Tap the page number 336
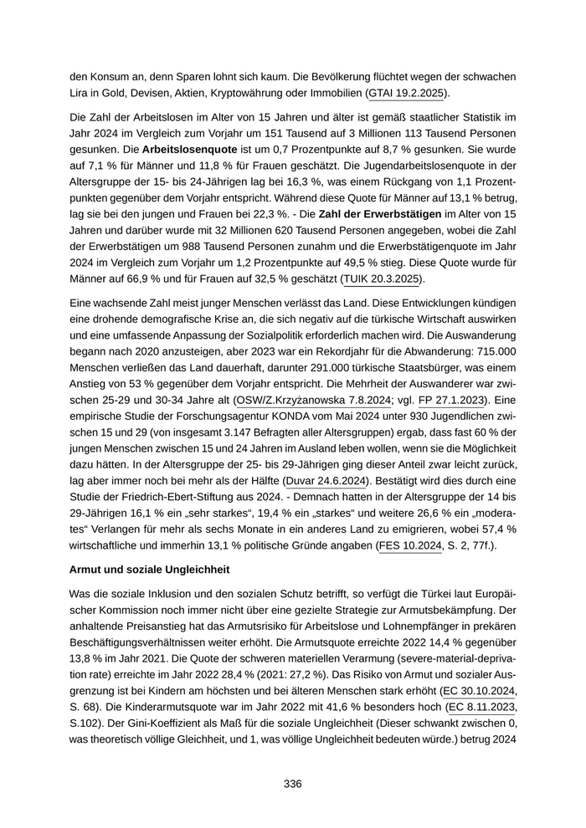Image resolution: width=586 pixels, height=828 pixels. [x=292, y=784]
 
